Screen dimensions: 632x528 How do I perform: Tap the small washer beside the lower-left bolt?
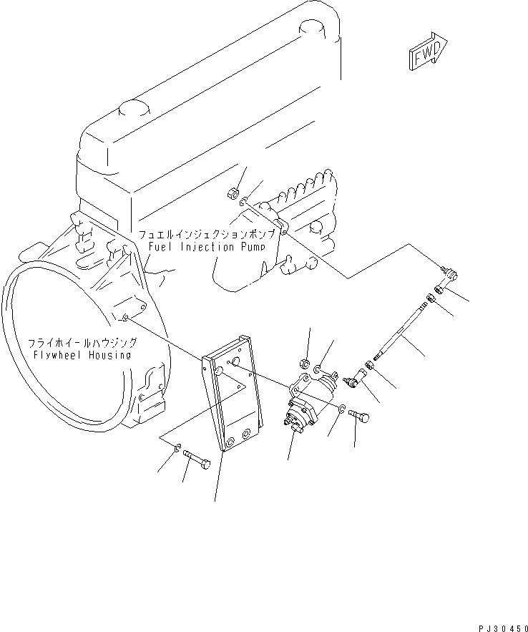click(x=177, y=449)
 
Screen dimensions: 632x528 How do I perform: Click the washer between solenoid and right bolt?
click(x=342, y=409)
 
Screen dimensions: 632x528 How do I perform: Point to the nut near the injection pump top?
click(x=233, y=193)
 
